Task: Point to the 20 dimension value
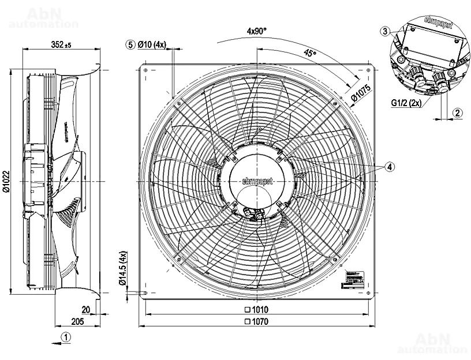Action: coord(85,309)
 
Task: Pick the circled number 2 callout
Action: coord(457,113)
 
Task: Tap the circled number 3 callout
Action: coord(386,31)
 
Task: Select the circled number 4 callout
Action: coord(390,167)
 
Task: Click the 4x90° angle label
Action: coord(256,31)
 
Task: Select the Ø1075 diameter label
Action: coord(360,91)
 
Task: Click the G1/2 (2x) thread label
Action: coord(404,103)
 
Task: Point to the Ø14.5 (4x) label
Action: coord(122,268)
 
